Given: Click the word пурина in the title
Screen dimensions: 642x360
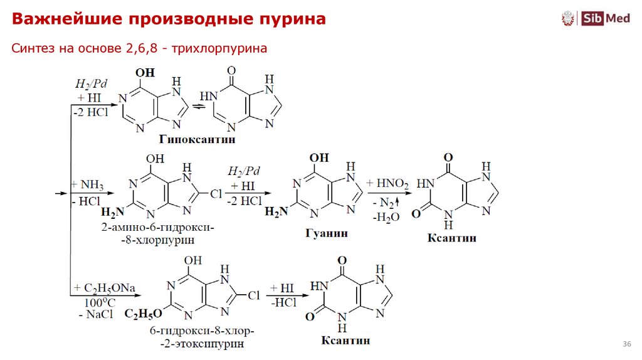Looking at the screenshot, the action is coord(293,19).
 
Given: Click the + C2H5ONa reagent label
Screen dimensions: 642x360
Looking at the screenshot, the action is coord(104,288).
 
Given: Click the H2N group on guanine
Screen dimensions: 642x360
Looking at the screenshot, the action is coord(276,212).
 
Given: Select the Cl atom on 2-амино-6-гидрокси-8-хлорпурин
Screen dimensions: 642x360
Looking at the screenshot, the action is coord(216,194).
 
